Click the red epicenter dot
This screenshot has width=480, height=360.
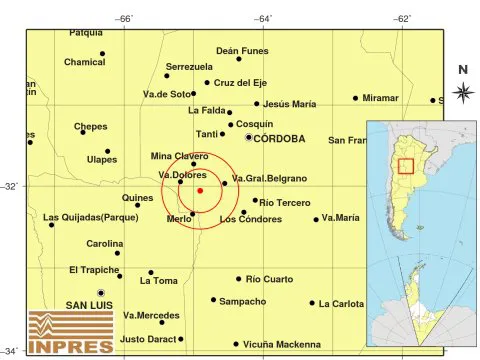click(x=200, y=190)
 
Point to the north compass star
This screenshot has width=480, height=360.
click(x=463, y=93)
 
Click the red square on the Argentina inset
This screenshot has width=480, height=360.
click(x=406, y=165)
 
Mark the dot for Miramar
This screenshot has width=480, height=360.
click(x=355, y=98)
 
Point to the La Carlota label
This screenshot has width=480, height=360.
click(x=341, y=303)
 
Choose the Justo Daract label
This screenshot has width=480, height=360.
click(x=146, y=339)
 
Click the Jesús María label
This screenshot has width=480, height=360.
click(x=290, y=103)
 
